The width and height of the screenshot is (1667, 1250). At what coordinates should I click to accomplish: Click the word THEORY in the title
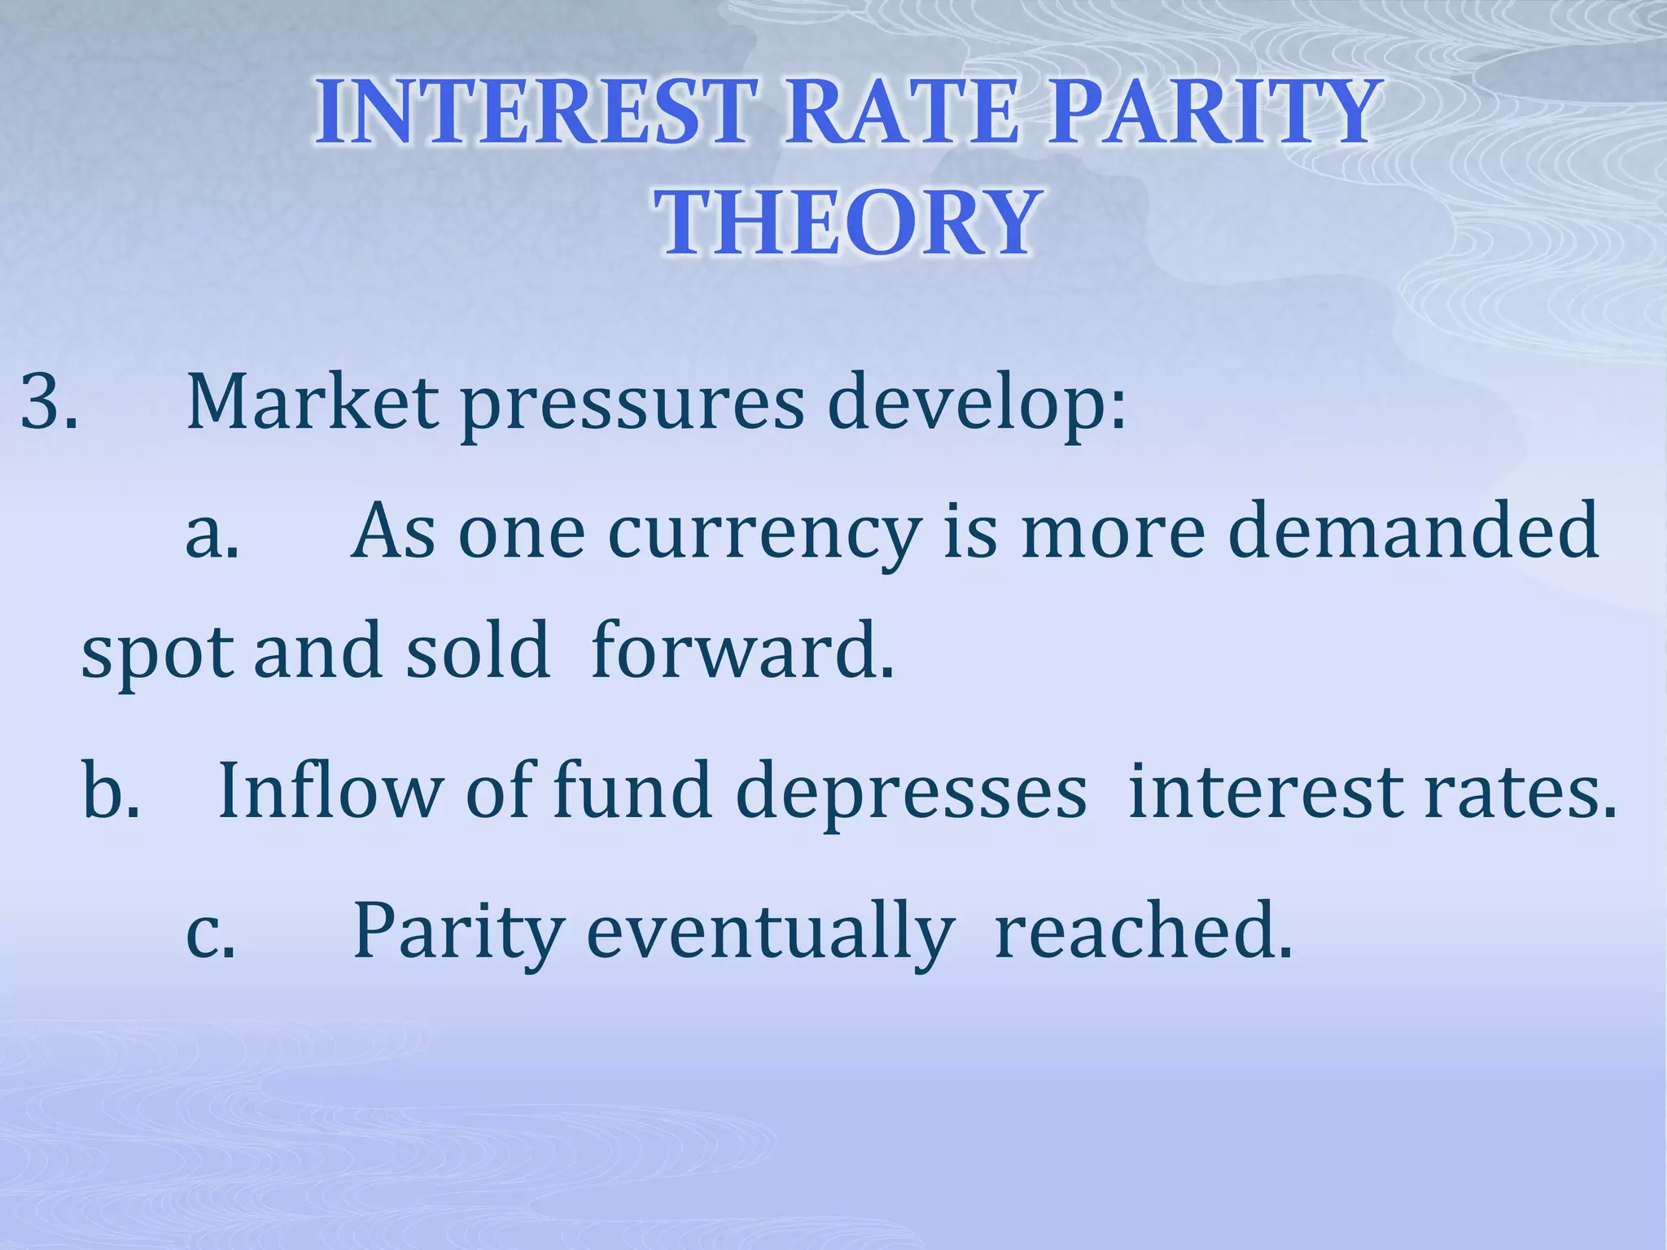(847, 221)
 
